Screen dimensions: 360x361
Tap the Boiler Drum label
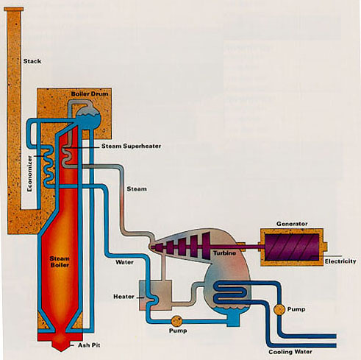(88, 96)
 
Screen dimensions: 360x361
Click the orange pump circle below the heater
(177, 322)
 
